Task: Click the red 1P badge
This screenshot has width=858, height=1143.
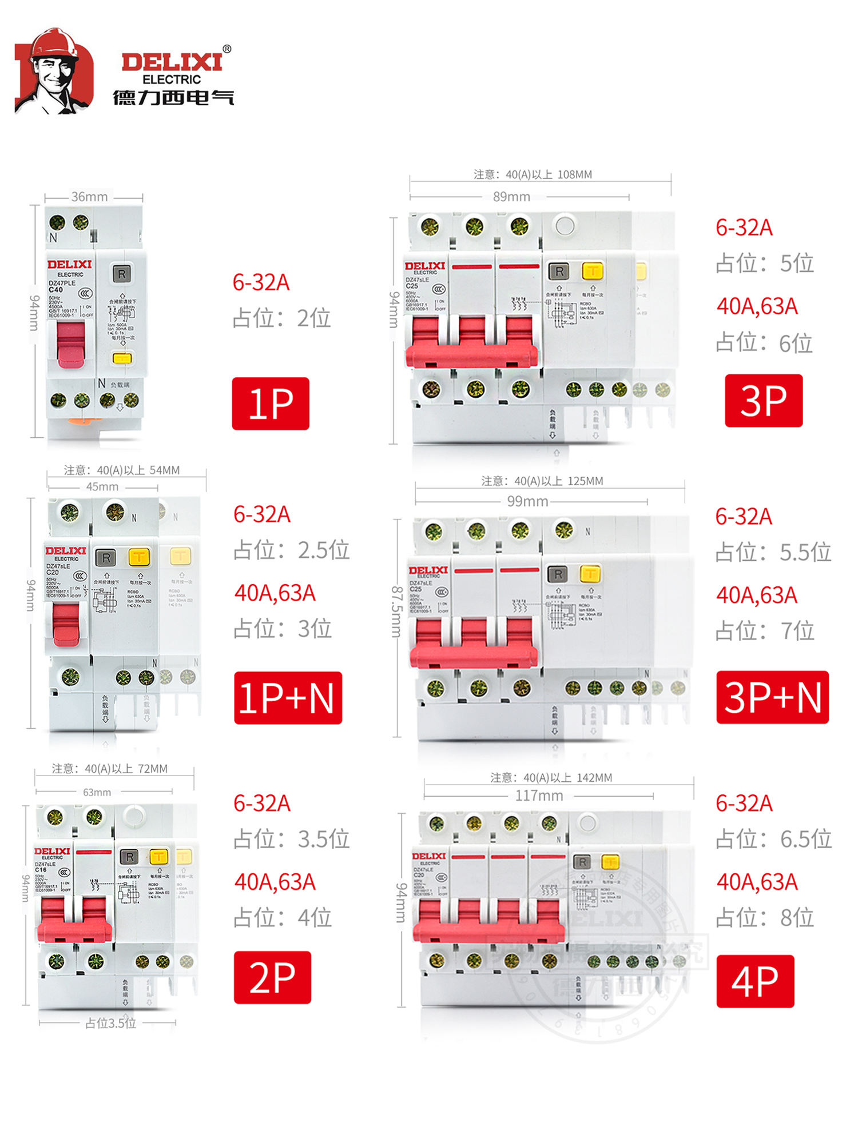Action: tap(270, 403)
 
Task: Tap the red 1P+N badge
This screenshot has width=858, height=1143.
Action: tap(288, 698)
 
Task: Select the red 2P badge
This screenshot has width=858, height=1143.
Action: tap(272, 977)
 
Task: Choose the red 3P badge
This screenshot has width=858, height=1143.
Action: tap(764, 401)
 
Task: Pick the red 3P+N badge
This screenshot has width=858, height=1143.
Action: tap(772, 697)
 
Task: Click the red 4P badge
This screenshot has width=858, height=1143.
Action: tap(755, 981)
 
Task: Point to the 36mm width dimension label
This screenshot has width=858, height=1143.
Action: tap(89, 197)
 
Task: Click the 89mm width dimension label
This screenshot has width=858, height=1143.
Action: tap(511, 197)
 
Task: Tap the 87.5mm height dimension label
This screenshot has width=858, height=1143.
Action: tap(396, 612)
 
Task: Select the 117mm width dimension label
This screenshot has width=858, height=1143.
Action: tap(539, 796)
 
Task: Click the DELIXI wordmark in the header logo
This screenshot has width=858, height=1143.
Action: tap(172, 62)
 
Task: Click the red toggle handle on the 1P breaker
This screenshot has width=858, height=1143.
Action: tap(71, 343)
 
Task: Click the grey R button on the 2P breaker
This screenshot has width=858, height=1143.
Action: tap(130, 857)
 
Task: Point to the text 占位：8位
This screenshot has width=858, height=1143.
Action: tap(765, 918)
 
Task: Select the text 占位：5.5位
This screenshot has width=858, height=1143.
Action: tap(773, 553)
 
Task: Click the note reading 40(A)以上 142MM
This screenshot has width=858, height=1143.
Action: tap(551, 778)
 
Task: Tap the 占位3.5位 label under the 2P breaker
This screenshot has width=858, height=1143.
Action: tap(110, 1024)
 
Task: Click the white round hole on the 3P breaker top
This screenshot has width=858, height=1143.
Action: tap(565, 225)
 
